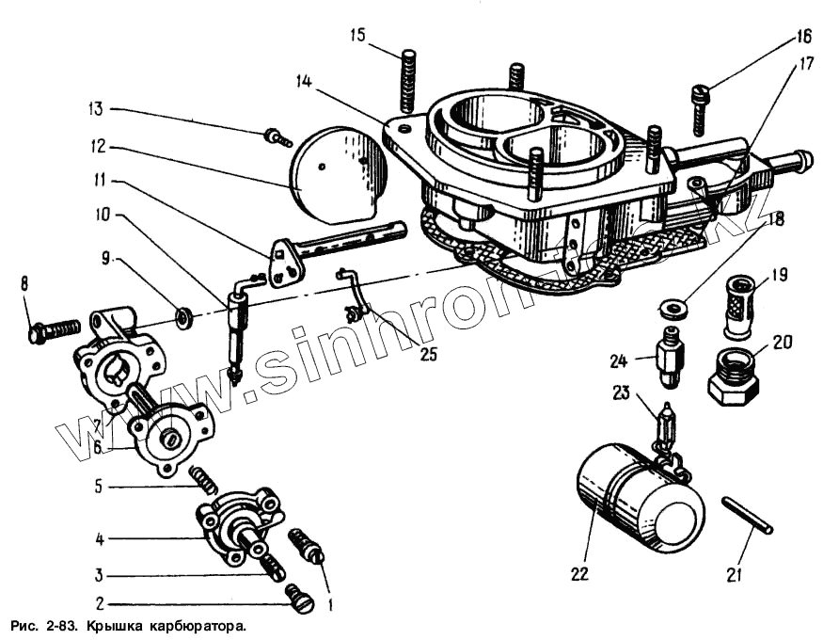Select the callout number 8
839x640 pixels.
click(24, 281)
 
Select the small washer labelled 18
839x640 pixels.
click(672, 307)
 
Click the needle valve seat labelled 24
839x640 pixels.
click(670, 358)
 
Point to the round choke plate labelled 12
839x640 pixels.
click(339, 169)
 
